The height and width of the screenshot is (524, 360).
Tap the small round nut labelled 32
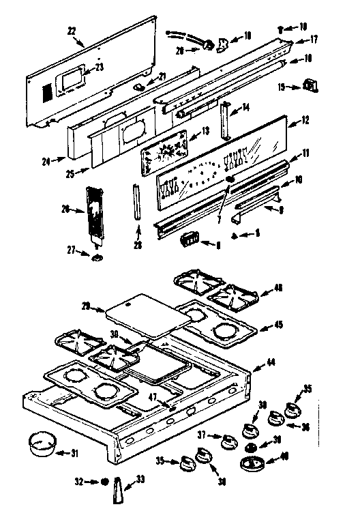[x=104, y=481]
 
